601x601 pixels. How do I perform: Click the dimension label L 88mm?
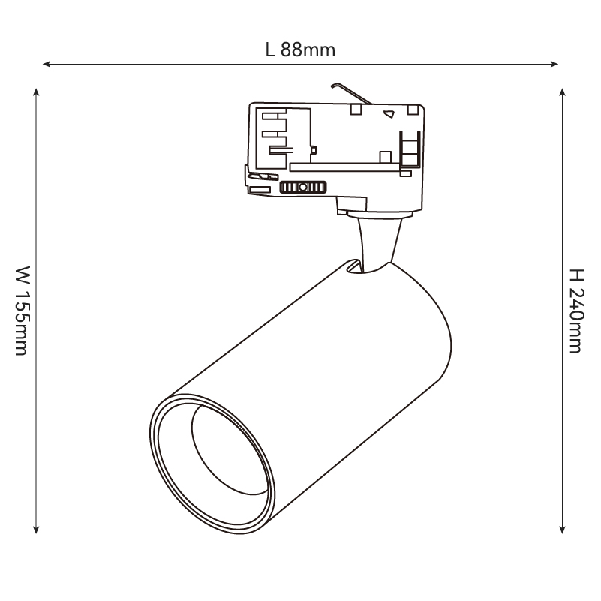300,50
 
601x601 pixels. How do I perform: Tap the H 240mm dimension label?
575,310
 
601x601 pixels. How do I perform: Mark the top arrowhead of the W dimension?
36,92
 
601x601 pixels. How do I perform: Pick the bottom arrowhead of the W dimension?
36,527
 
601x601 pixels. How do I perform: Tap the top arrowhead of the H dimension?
563,92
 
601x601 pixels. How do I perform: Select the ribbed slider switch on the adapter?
302,188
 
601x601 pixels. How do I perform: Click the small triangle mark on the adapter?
389,114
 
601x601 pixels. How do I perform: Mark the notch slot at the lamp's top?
352,268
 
